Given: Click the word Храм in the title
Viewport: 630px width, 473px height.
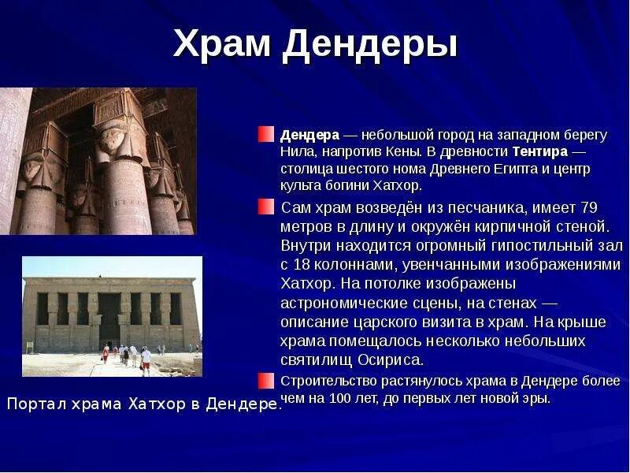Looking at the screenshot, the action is point(221,43).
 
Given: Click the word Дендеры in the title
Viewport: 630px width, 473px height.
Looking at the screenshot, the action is point(370,45).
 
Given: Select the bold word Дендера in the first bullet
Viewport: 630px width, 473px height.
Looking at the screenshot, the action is point(309,136).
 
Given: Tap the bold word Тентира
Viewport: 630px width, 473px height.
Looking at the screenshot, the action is point(540,151).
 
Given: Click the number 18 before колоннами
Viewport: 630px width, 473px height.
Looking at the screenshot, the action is point(302,265).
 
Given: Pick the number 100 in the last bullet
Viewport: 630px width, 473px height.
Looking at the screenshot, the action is point(340,398).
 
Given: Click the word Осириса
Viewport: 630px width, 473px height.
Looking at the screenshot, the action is point(391,359).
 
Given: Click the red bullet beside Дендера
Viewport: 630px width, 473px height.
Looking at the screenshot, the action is point(266,134).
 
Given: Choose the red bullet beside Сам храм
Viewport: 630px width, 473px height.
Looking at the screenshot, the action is point(266,207).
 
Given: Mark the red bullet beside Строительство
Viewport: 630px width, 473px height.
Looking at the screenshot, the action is point(266,381).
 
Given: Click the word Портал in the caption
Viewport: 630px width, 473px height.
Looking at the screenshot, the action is point(36,403).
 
